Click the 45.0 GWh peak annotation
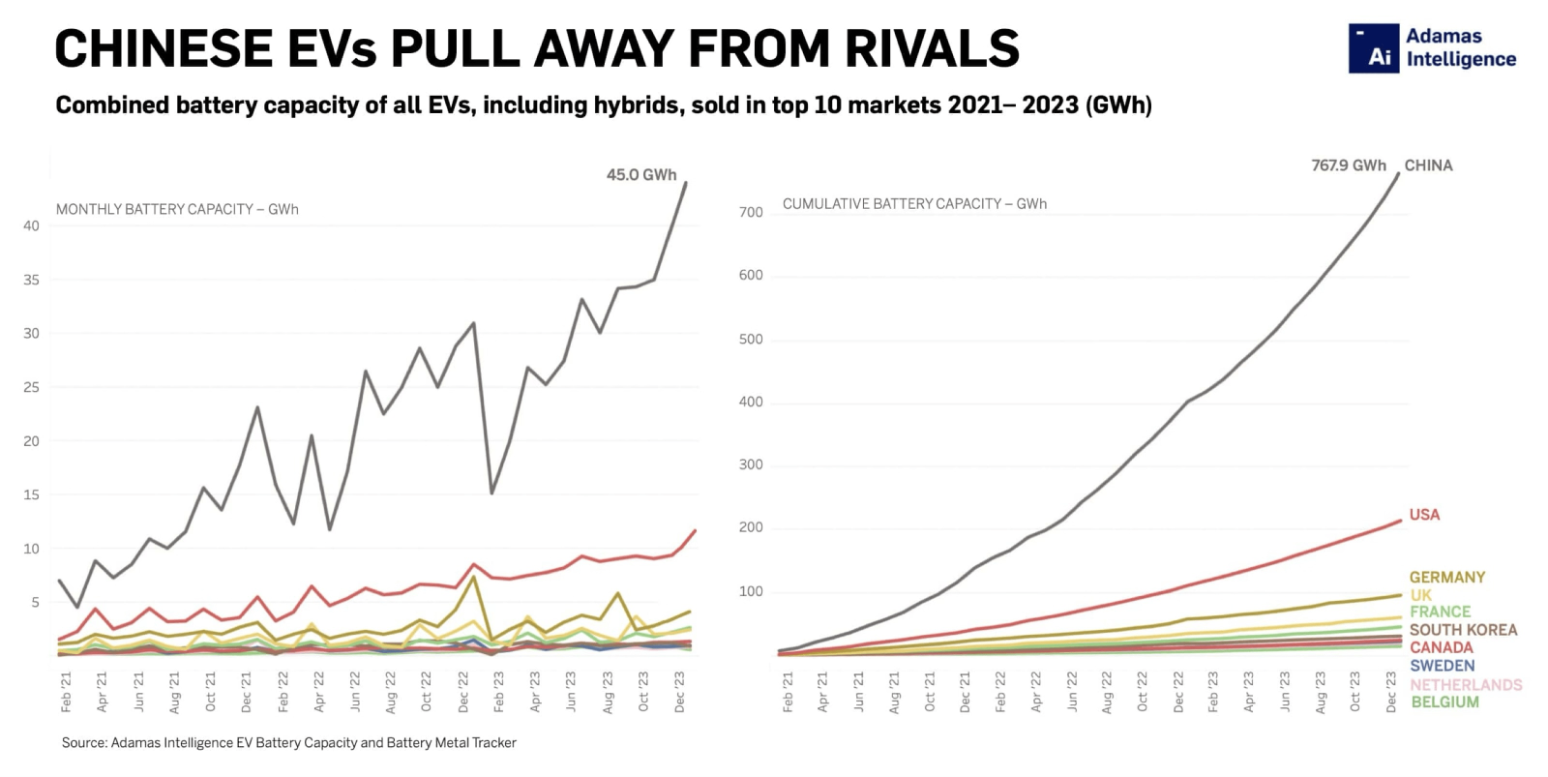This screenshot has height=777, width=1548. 640,175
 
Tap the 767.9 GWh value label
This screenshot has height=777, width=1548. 1348,165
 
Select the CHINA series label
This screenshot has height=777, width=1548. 1428,165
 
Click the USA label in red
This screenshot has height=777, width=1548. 1424,515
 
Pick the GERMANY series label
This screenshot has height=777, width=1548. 1446,578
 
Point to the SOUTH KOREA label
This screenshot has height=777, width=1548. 1463,630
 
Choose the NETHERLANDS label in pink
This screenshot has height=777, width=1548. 1466,685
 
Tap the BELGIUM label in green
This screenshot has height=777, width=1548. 1444,702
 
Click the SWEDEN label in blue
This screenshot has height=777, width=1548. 1442,666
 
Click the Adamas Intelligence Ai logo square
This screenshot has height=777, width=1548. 1374,48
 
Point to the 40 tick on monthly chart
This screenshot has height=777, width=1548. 32,226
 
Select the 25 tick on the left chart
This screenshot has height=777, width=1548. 32,387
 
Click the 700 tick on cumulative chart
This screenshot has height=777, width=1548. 751,212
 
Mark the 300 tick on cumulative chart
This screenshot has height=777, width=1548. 751,465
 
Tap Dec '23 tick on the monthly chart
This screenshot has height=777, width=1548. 680,693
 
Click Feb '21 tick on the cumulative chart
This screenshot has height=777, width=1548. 788,693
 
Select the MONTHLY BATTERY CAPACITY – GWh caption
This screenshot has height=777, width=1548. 177,209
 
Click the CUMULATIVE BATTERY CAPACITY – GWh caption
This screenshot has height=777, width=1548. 914,204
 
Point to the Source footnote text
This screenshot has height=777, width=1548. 288,743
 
